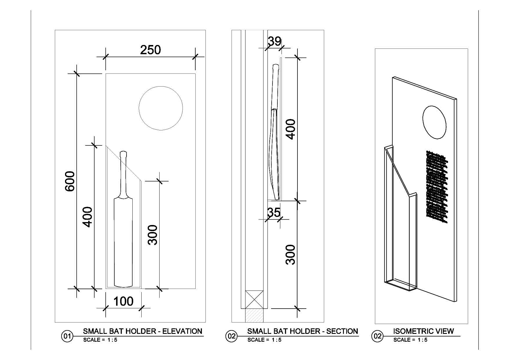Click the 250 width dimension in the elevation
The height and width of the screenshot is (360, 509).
coord(150,50)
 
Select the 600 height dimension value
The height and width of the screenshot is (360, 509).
coord(70,181)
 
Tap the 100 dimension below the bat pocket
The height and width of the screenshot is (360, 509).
coord(123,301)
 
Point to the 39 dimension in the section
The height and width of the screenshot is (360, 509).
coord(274,41)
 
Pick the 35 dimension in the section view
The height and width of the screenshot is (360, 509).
coord(274,213)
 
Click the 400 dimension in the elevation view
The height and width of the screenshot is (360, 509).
coord(87,217)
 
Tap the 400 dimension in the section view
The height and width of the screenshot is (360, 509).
coord(290,129)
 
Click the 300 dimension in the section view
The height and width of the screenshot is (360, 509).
coord(290,254)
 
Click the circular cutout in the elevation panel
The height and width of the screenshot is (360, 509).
coord(161,108)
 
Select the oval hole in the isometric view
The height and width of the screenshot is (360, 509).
coord(434,122)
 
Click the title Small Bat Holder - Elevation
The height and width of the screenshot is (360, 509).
coord(142,331)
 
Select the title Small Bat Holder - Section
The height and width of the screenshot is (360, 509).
coord(302,331)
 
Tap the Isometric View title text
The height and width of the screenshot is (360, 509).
coord(423,331)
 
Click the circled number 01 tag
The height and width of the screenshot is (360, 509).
coord(67,336)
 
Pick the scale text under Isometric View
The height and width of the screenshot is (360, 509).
coord(410,340)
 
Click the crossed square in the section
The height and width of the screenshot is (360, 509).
coord(254,299)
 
